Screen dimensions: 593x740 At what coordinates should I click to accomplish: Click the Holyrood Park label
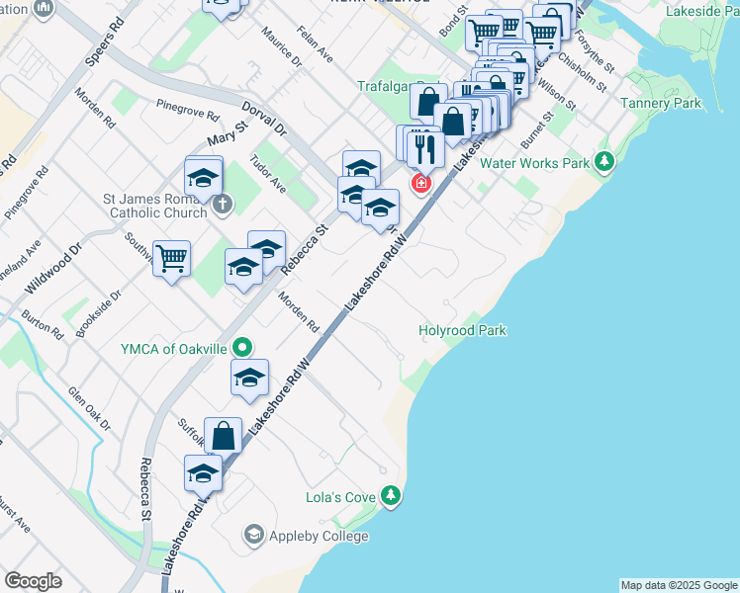click(463, 331)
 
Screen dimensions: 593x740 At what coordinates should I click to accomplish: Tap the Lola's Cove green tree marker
click(393, 495)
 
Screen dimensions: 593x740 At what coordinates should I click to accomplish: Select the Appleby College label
click(318, 536)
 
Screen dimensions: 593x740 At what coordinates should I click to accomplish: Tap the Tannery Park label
click(660, 103)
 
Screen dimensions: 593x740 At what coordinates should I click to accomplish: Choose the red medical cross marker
click(421, 184)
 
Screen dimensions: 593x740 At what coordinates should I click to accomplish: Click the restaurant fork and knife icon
click(425, 149)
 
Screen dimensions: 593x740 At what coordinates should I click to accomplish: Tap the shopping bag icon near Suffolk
click(225, 435)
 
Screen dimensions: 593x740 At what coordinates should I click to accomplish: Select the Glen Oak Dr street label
click(88, 408)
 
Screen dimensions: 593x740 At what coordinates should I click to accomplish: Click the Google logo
click(33, 581)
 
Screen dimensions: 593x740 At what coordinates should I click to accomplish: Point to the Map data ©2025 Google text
click(678, 585)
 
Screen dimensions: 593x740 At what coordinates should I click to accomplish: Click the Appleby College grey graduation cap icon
click(253, 536)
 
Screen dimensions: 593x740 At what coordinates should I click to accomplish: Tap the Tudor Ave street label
click(268, 175)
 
